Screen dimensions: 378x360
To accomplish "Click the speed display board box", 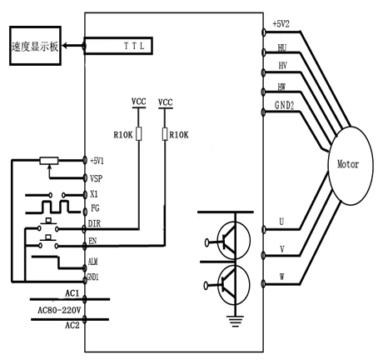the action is (x=35, y=46).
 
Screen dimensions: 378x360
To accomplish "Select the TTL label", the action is (x=134, y=46).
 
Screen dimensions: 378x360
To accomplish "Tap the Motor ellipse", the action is (x=350, y=166).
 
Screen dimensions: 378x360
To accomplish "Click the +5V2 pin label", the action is (x=281, y=24).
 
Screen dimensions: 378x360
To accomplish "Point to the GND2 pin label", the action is (x=284, y=105).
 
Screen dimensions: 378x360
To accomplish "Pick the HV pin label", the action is (x=282, y=66).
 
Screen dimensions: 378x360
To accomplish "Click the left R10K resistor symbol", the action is (x=139, y=133).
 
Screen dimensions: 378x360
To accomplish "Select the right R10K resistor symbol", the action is (x=165, y=133).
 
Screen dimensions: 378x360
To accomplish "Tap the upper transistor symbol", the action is (x=234, y=241).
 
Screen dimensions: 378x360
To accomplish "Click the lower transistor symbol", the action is (x=234, y=285).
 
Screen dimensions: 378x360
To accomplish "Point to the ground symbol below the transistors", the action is (x=235, y=321).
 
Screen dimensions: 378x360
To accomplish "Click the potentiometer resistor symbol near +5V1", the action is (x=49, y=161).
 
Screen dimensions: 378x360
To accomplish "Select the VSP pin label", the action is (x=96, y=178).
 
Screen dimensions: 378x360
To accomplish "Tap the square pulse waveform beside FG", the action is (x=52, y=207).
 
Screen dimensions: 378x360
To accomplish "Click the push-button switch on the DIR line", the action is (x=48, y=226).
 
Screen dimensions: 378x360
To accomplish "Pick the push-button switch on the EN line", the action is (x=48, y=242).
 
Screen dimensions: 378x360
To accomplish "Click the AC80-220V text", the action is (x=59, y=310).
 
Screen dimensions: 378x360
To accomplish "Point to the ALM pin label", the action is (x=92, y=262).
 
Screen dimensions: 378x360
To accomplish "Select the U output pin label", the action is (x=281, y=222).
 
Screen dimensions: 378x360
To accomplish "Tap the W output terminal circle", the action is (x=263, y=283).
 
